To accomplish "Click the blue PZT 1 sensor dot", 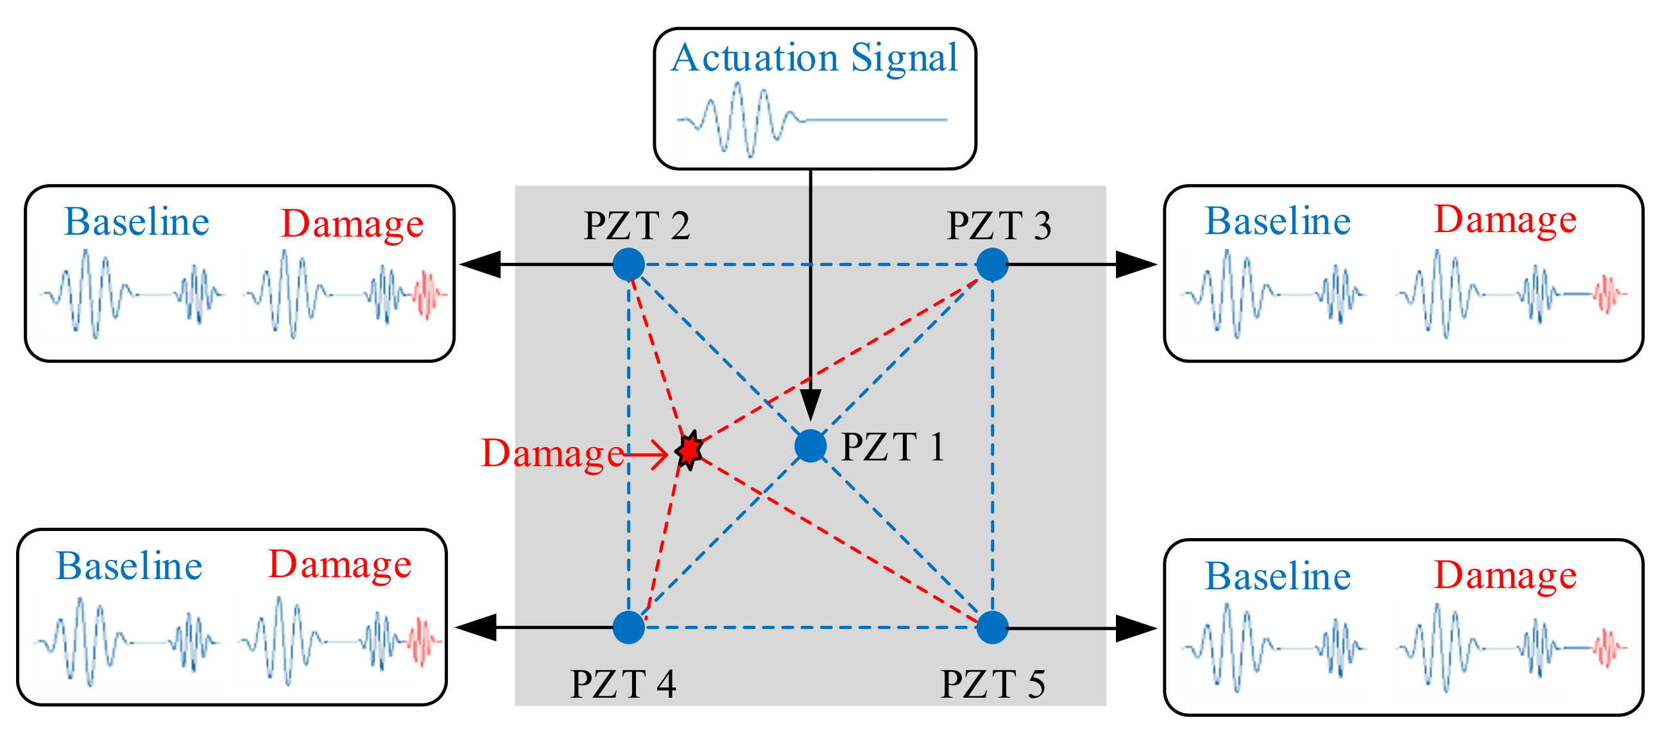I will tap(810, 446).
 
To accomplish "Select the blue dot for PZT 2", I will tap(629, 265).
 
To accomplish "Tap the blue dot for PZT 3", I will tap(992, 265).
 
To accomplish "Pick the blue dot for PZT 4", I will tap(629, 627).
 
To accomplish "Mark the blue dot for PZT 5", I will tap(992, 627).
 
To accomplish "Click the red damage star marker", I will tap(689, 449).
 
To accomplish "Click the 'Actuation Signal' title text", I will tap(814, 58).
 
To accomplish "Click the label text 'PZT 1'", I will tap(892, 448).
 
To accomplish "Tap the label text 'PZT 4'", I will tap(622, 684).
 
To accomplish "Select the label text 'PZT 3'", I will tap(999, 226).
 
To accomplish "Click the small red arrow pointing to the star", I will tap(649, 454).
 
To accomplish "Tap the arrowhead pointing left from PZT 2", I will tap(480, 265).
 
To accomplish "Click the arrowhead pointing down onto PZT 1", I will tap(810, 405).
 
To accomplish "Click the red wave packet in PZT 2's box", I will tap(428, 295).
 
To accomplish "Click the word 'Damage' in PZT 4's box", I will tap(339, 564).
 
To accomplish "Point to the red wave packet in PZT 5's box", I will tap(1609, 647).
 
